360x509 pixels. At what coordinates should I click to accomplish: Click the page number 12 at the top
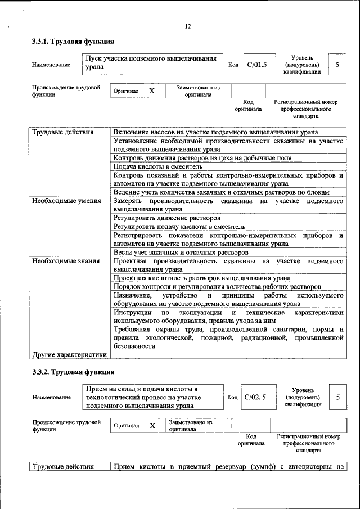click(188, 26)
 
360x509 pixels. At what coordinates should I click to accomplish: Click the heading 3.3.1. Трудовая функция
click(73, 42)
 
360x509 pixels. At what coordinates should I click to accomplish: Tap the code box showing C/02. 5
click(255, 397)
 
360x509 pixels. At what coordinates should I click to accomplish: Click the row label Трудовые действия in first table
click(62, 132)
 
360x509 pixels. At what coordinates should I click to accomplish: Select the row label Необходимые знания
click(65, 261)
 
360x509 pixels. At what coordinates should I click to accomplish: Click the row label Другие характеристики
click(69, 355)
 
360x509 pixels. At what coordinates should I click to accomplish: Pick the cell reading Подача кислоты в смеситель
click(157, 167)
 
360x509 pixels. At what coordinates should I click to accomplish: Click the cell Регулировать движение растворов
click(166, 217)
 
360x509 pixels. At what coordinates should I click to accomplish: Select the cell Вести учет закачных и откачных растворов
click(181, 253)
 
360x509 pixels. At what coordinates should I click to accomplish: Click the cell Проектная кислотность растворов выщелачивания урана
click(202, 278)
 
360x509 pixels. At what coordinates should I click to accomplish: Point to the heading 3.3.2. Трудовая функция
click(73, 372)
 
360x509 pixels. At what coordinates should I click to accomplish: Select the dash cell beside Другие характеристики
click(115, 355)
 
